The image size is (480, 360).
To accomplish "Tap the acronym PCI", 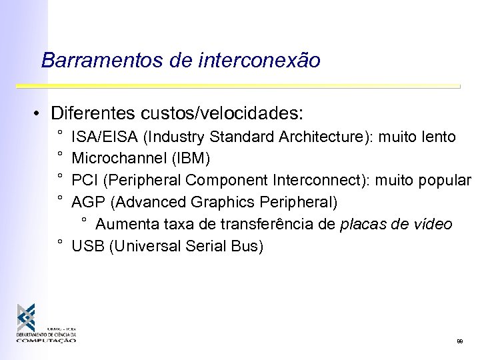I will [83, 181].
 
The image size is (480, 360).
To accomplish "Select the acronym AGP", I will [85, 202].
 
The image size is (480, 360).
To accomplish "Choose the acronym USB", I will [85, 246].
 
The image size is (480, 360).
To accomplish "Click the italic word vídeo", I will [433, 224].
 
